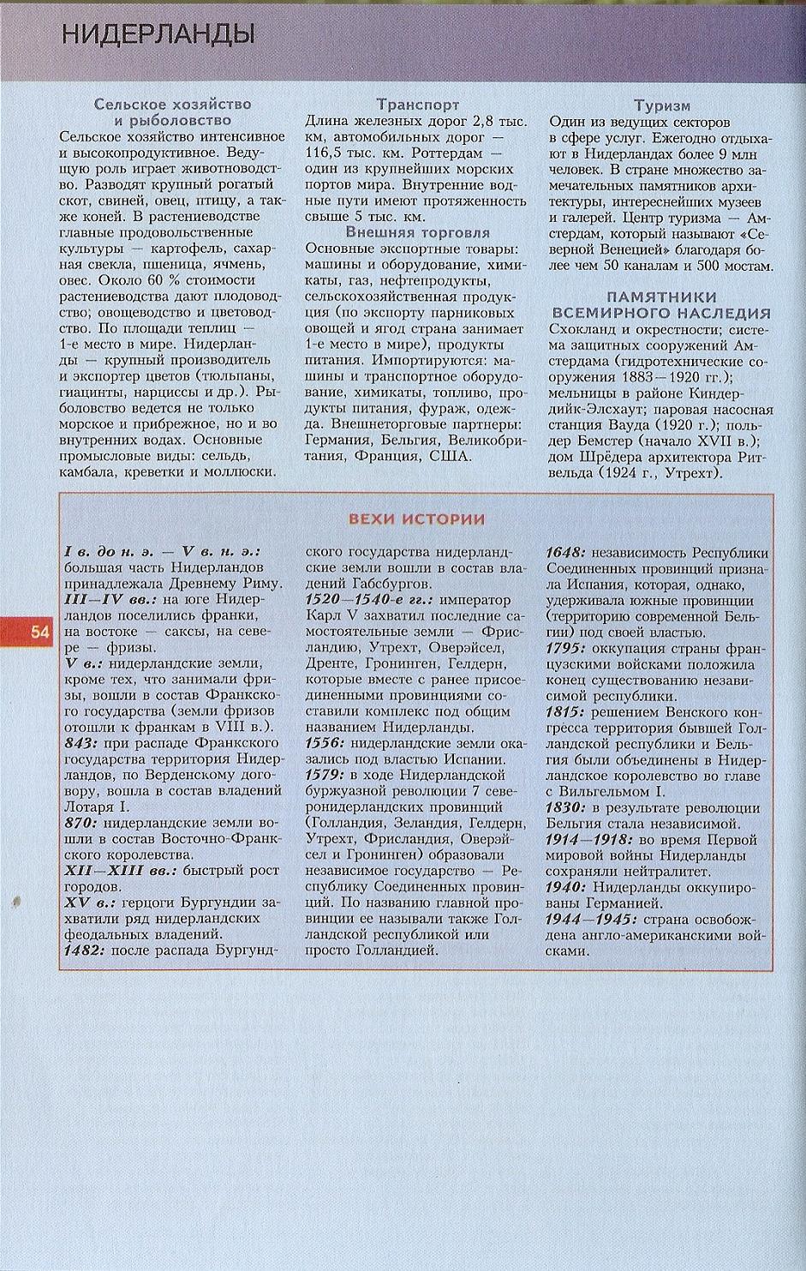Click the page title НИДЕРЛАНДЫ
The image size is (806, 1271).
click(x=158, y=35)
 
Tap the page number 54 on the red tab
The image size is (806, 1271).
click(x=40, y=633)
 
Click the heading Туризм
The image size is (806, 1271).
click(x=661, y=105)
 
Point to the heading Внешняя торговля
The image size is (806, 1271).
click(x=417, y=232)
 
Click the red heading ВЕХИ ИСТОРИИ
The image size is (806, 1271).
click(x=416, y=519)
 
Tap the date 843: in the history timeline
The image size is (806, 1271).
click(x=83, y=743)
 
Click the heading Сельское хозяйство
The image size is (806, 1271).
click(x=172, y=105)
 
